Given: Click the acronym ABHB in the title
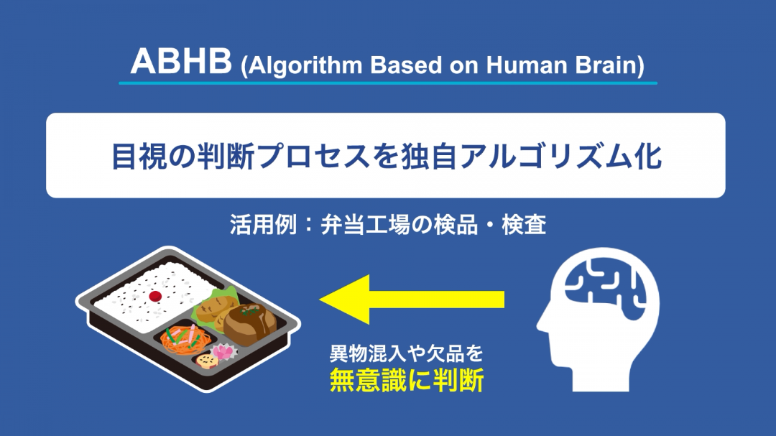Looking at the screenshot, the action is pos(181,61).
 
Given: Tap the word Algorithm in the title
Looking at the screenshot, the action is pos(305,65).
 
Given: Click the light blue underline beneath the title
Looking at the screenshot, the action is pos(388,83).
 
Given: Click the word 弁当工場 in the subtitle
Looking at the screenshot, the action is pos(365,225).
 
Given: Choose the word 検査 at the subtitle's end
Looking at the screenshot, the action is pos(524,225).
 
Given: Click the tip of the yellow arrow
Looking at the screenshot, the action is pos(320,300).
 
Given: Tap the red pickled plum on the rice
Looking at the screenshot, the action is pos(155,296).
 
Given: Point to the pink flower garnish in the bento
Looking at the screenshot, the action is pos(223,352).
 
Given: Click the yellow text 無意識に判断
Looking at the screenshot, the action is pos(407,381).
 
